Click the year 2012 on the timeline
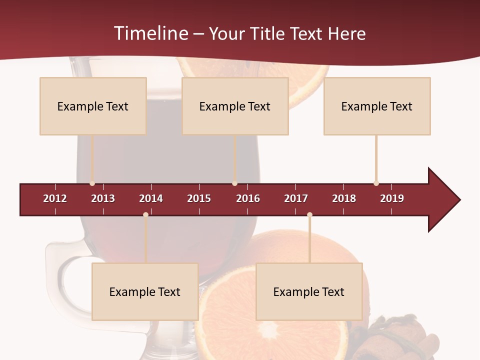click(x=55, y=198)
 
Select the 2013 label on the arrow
click(x=103, y=198)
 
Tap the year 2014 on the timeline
click(x=151, y=198)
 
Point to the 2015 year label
click(x=199, y=198)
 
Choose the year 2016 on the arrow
click(x=248, y=198)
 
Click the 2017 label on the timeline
click(x=296, y=198)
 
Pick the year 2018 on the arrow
click(x=344, y=198)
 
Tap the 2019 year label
click(x=392, y=198)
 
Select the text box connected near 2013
click(x=93, y=106)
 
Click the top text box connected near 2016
click(x=235, y=106)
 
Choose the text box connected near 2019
click(x=377, y=106)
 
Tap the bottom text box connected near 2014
click(x=145, y=292)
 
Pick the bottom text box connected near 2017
click(x=309, y=292)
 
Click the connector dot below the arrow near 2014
click(x=145, y=214)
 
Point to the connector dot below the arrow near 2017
click(x=309, y=214)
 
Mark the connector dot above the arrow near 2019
click(x=376, y=183)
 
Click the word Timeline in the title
click(x=150, y=33)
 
